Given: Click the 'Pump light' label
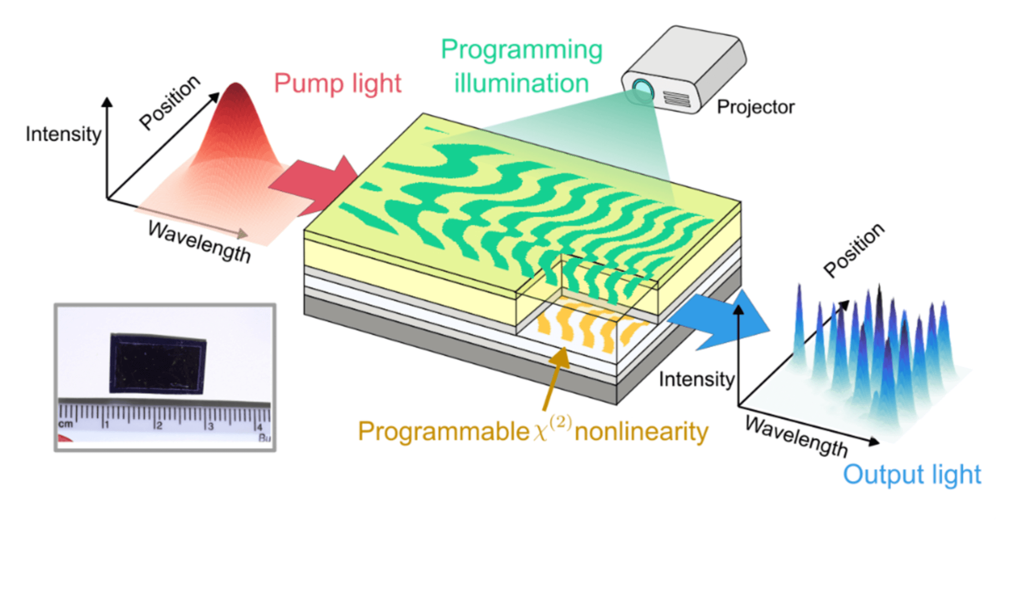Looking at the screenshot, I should click(x=337, y=84).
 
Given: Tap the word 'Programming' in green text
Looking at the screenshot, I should click(x=521, y=50).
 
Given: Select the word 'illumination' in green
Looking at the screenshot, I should click(x=521, y=83).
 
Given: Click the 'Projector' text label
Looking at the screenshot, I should click(x=755, y=107).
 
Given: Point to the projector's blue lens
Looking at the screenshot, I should click(x=642, y=86).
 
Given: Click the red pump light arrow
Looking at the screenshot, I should click(x=316, y=185).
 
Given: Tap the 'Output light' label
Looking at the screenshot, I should click(x=912, y=474).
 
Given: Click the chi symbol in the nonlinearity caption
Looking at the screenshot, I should click(x=540, y=432).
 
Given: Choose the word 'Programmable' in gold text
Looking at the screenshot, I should click(x=443, y=431).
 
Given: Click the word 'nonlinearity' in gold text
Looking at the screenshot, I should click(x=641, y=431).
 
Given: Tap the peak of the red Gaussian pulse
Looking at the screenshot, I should click(x=236, y=85).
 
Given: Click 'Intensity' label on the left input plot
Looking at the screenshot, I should click(x=63, y=134).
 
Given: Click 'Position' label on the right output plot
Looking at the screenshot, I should click(x=853, y=250).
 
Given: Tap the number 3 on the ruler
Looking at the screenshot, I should click(x=211, y=426).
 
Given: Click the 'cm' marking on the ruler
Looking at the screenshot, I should click(x=65, y=424).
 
